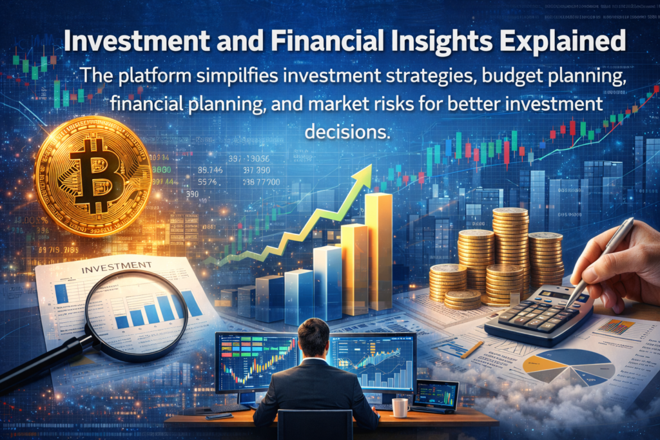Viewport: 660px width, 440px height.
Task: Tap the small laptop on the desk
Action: (435, 395)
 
